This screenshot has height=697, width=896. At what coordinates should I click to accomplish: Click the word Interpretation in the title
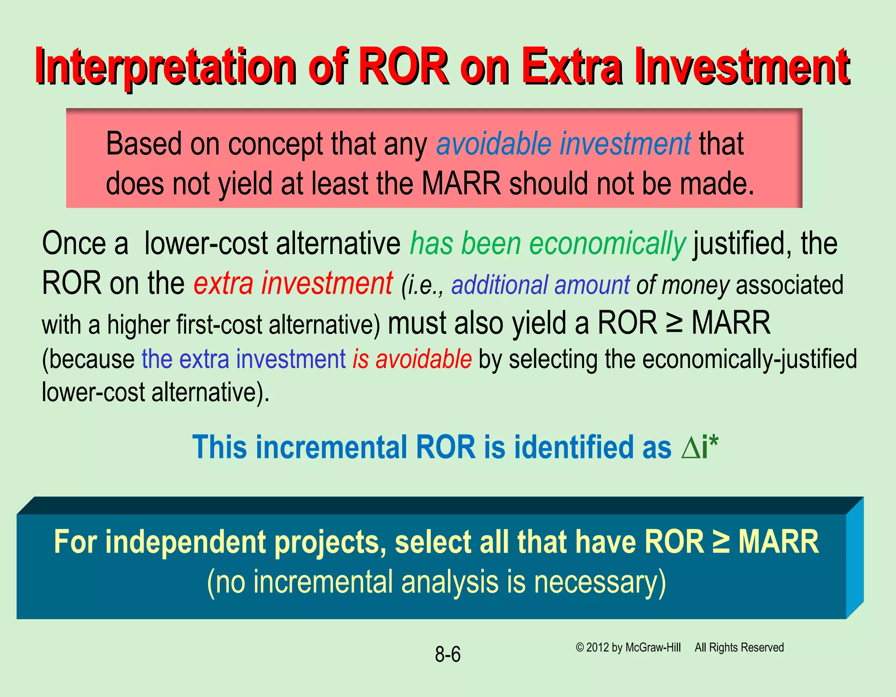(x=165, y=67)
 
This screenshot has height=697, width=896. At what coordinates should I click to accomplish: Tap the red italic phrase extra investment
(x=293, y=283)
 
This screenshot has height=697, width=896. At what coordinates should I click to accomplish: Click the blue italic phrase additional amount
(x=540, y=285)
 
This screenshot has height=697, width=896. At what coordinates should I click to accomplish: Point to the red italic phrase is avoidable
(x=412, y=359)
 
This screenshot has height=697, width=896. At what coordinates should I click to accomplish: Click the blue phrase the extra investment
(x=244, y=359)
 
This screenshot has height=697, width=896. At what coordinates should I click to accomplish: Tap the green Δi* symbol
(x=700, y=447)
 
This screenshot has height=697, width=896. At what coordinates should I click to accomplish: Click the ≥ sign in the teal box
(x=721, y=542)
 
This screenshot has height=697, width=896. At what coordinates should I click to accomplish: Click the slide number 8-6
(x=448, y=655)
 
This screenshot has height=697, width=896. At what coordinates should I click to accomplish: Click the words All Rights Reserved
(x=739, y=648)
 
